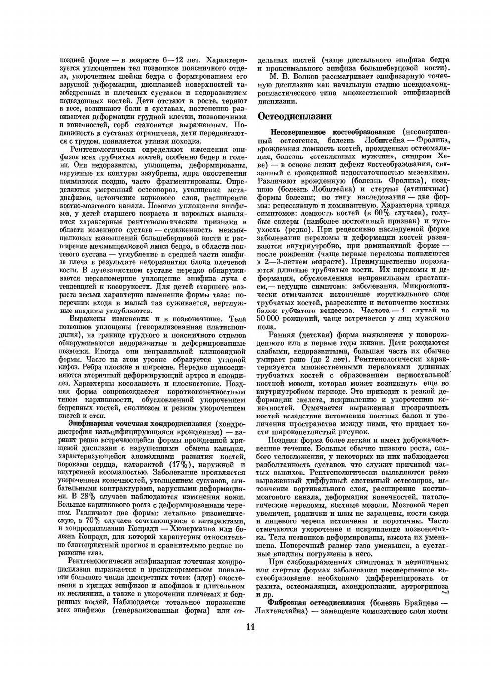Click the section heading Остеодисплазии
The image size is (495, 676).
coord(295,116)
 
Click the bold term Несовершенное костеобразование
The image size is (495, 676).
coord(332,132)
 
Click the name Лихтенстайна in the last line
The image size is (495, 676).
coord(279,611)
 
